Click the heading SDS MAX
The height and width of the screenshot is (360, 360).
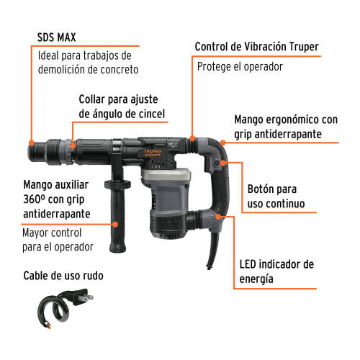point(60,37)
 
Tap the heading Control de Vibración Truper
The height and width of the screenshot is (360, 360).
point(256,47)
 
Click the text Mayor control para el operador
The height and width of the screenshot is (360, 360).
point(58,240)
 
